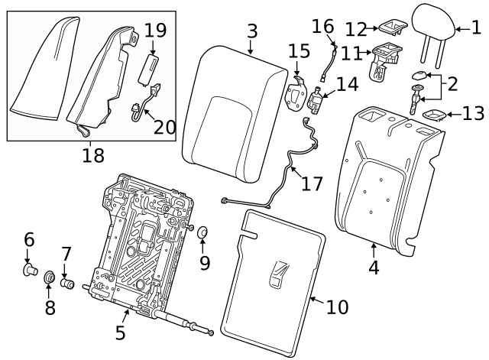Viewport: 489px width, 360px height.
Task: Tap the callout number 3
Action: [x=251, y=32]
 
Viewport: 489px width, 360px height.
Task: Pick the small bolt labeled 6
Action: [x=30, y=269]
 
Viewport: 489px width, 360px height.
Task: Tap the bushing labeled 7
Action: [x=67, y=284]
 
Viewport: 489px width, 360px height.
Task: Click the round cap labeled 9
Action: [x=202, y=232]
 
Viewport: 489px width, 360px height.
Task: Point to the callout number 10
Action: [x=336, y=307]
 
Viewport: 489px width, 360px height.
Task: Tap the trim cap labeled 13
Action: [x=436, y=115]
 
